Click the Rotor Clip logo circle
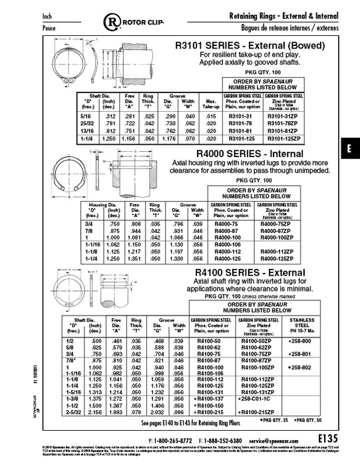point(114,23)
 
